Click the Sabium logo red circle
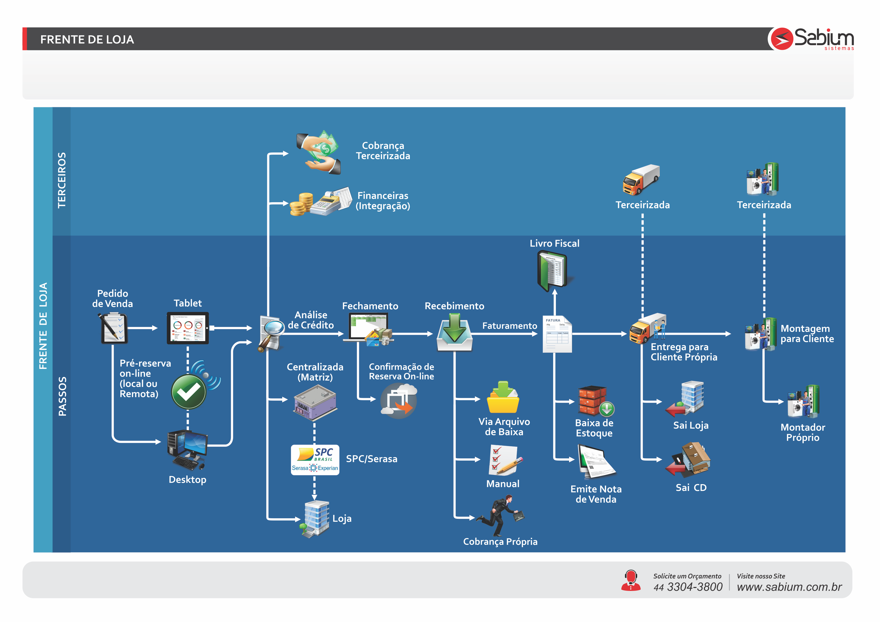[x=781, y=39]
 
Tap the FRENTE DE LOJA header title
[x=87, y=39]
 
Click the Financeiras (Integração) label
[x=383, y=201]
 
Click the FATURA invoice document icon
[x=557, y=334]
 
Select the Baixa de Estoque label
[x=594, y=428]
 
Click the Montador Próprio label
[x=802, y=432]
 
